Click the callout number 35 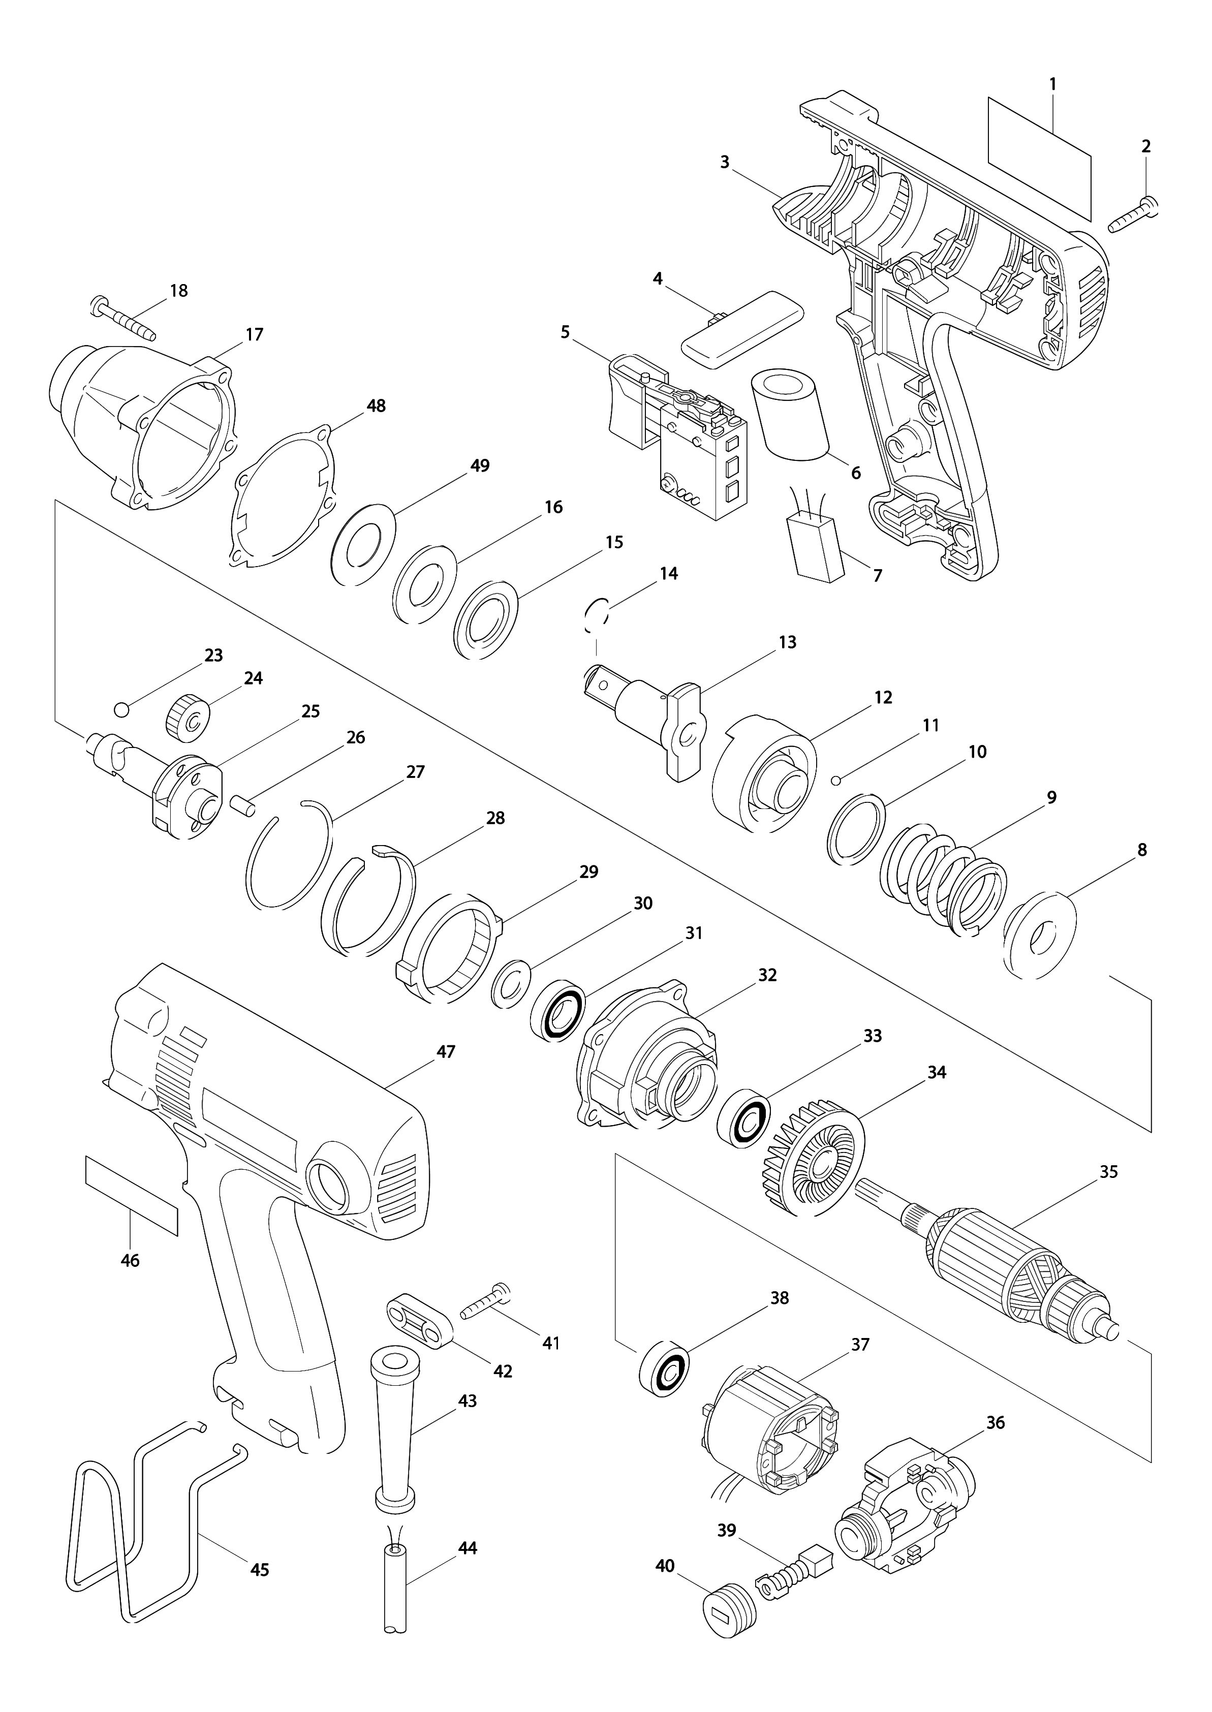(x=1108, y=1172)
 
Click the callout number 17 (x=255, y=333)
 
